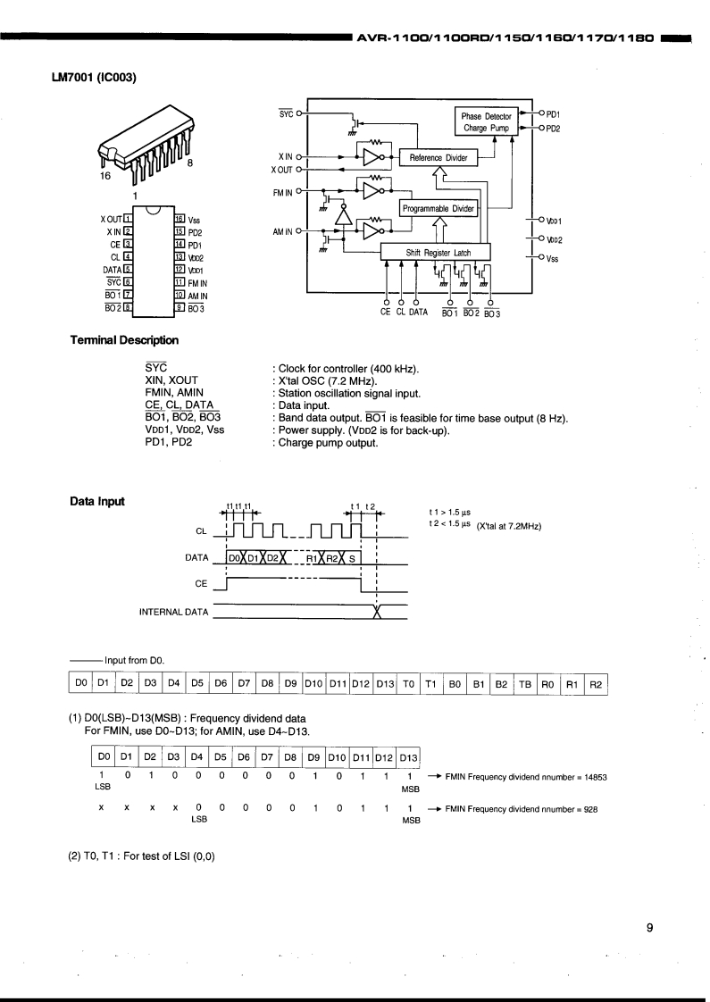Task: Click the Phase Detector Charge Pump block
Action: (486, 122)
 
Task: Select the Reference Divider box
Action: (438, 158)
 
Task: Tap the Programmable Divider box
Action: (439, 209)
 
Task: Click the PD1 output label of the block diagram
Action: (553, 114)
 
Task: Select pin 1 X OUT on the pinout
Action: (119, 219)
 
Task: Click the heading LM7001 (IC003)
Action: (94, 76)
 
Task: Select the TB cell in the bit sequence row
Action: (525, 684)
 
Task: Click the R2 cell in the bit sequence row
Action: (596, 684)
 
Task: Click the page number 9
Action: (650, 927)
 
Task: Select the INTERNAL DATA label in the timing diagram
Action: (173, 612)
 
